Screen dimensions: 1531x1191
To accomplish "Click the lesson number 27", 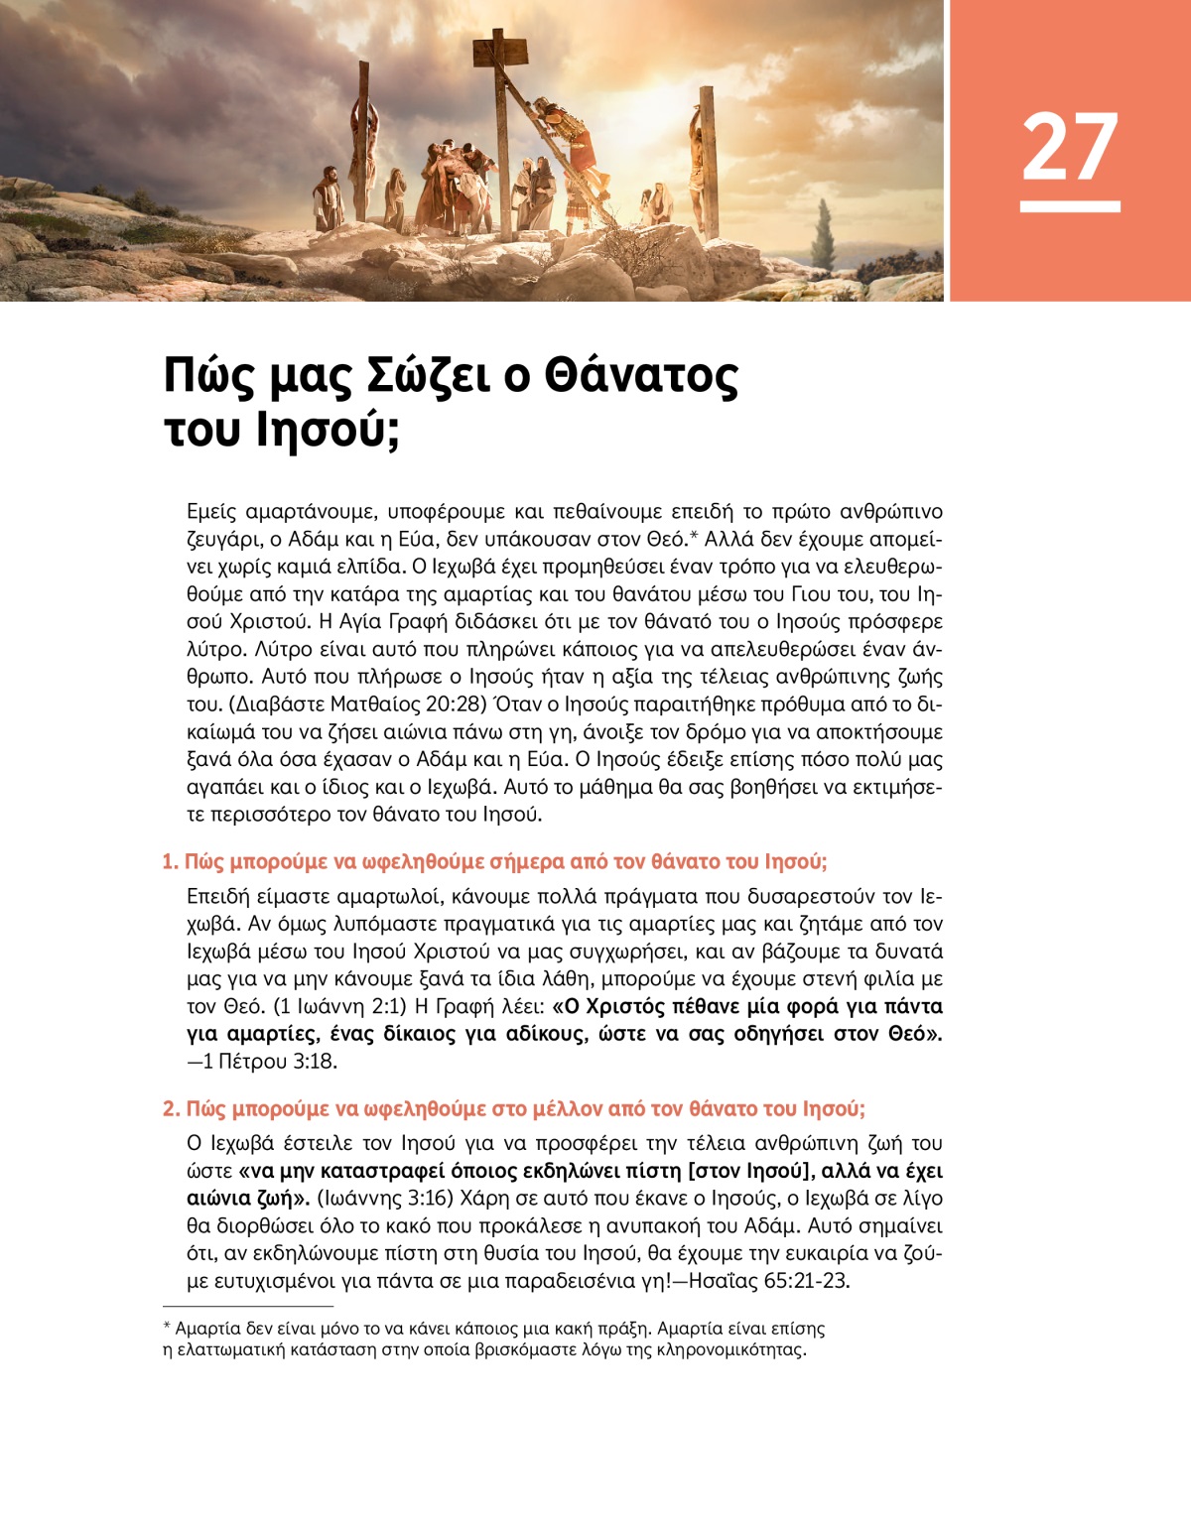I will coord(1069,147).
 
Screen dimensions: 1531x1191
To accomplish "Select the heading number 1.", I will coord(170,861).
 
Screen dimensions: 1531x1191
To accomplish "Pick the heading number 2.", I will coord(171,1108).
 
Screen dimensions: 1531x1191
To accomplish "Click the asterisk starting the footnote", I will coord(167,1327).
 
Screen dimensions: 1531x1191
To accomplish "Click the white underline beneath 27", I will coord(1069,206).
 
